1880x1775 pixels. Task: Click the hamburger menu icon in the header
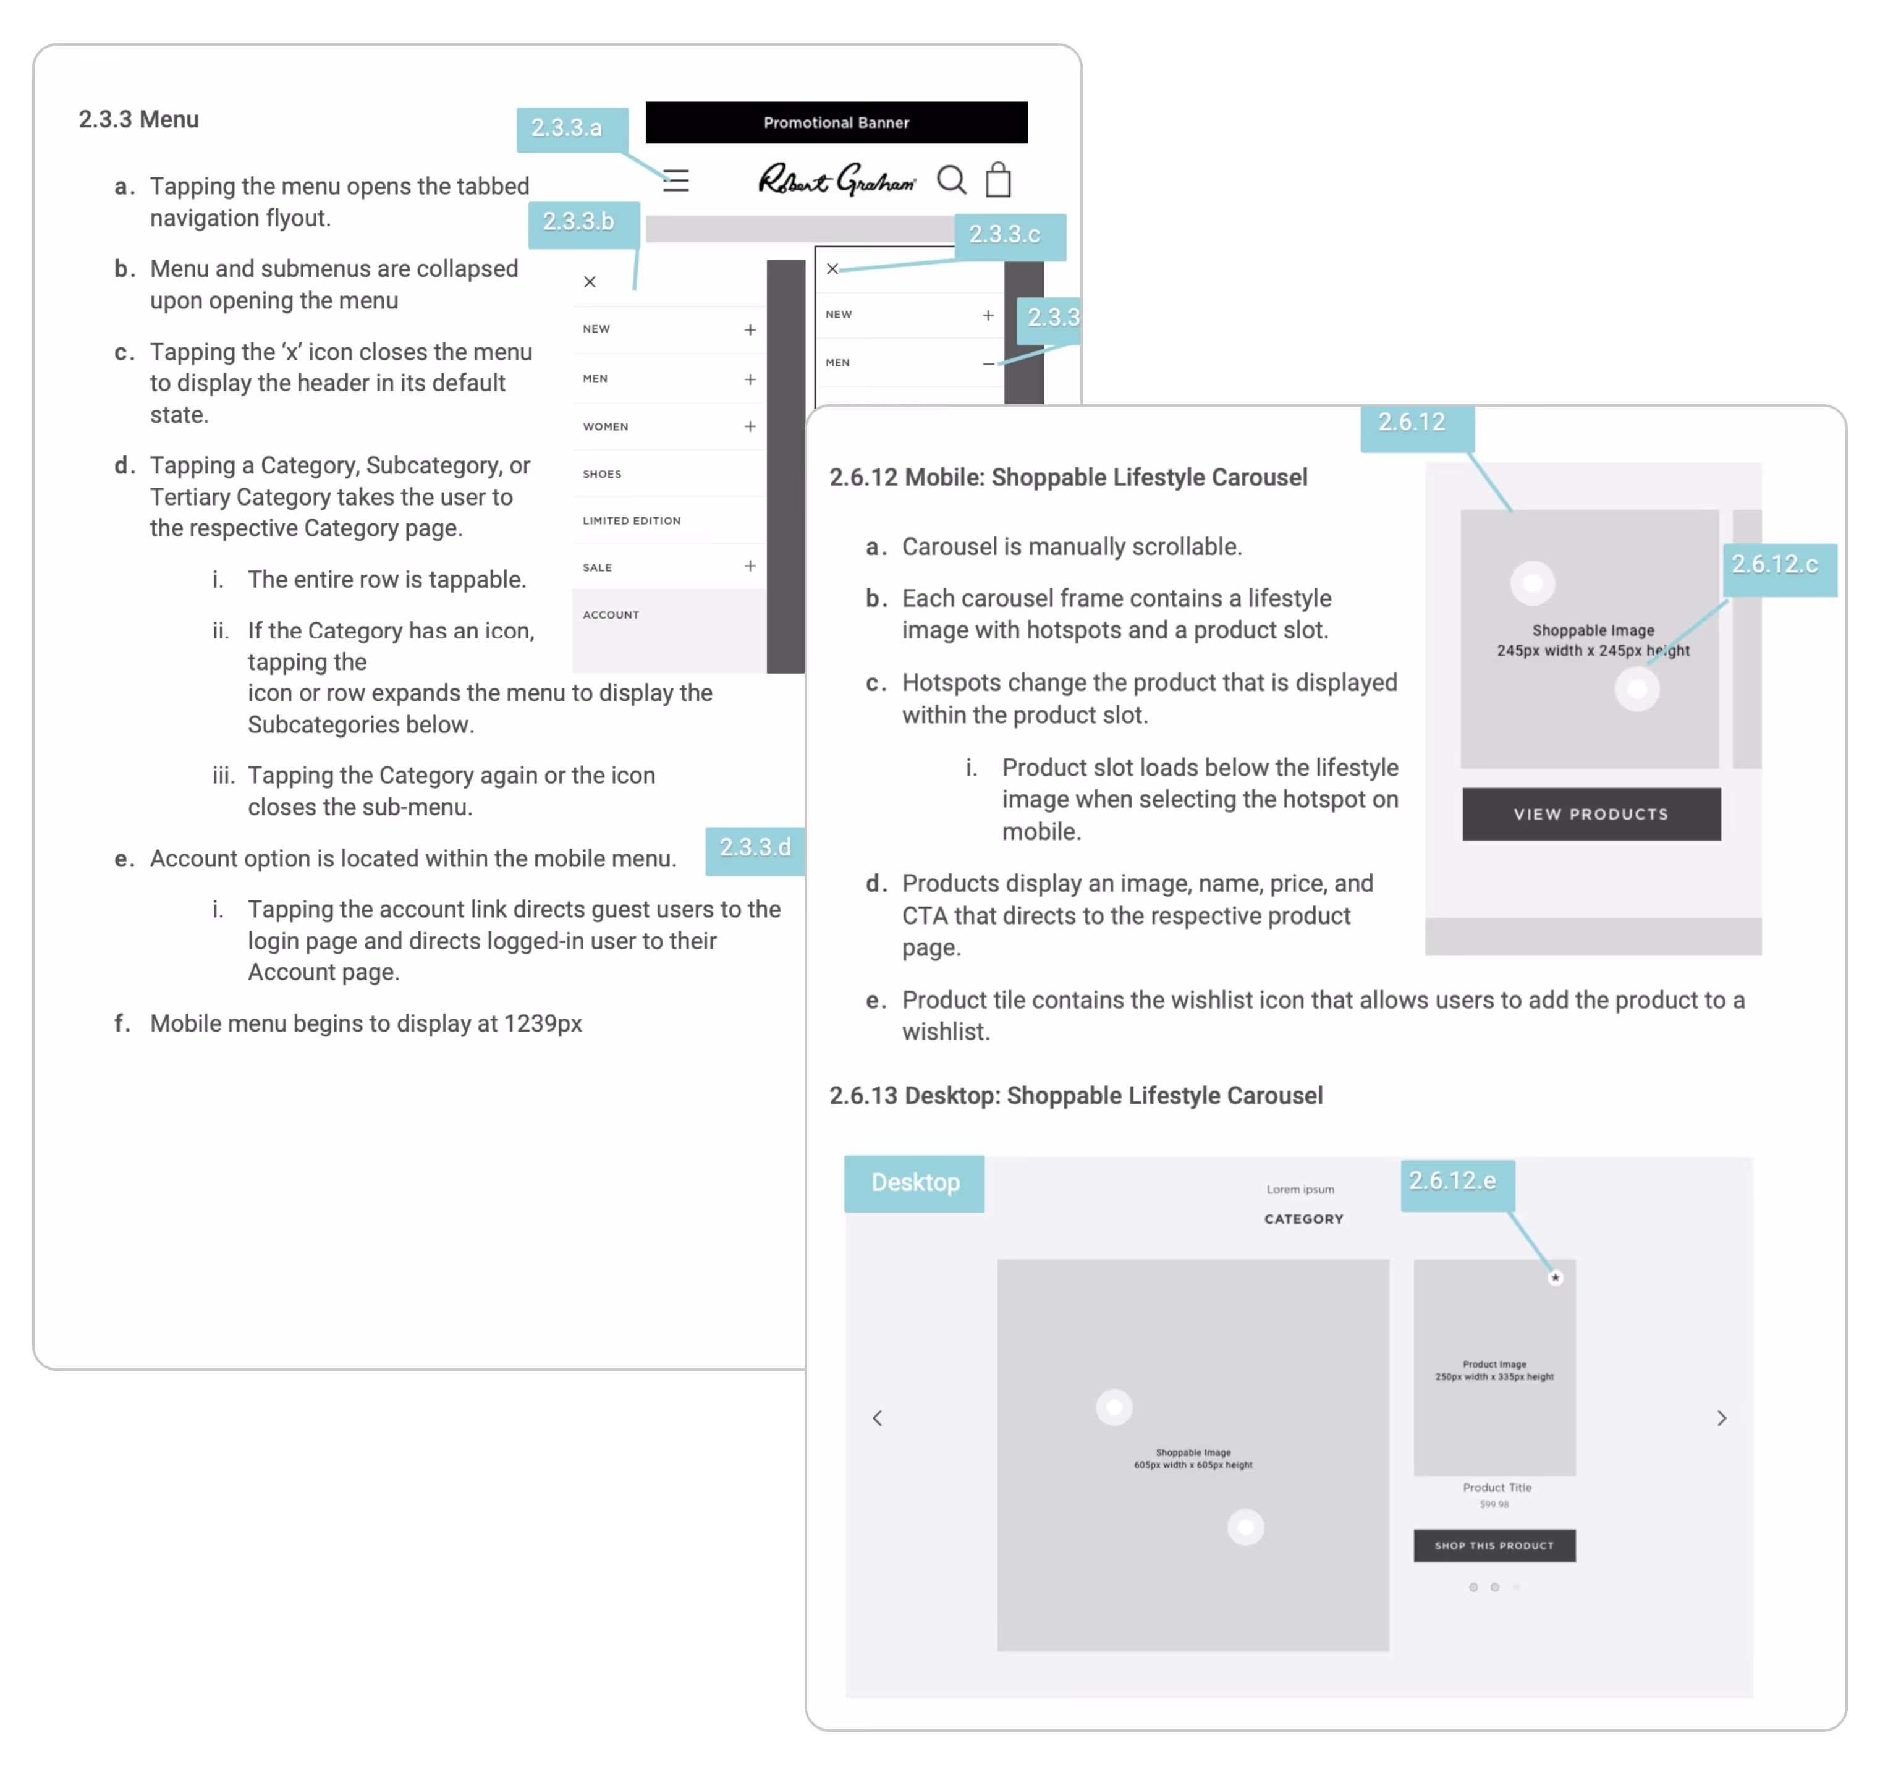[675, 180]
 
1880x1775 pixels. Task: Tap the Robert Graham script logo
[836, 179]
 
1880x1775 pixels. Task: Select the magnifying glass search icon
[951, 179]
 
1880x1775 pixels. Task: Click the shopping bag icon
[998, 179]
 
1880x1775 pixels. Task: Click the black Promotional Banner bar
[836, 122]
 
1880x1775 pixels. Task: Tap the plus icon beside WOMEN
[750, 426]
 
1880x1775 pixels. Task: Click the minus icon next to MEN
[988, 363]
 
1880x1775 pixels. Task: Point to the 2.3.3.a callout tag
[567, 129]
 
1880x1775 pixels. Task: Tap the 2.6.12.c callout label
[1775, 566]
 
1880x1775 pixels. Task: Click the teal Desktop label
[914, 1183]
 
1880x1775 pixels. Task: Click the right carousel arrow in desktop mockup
[1721, 1417]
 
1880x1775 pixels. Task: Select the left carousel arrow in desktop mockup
[877, 1417]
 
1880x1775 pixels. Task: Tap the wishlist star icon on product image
[1554, 1277]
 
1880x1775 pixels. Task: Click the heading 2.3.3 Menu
[138, 119]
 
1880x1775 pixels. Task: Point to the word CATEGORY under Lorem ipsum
[1303, 1219]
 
